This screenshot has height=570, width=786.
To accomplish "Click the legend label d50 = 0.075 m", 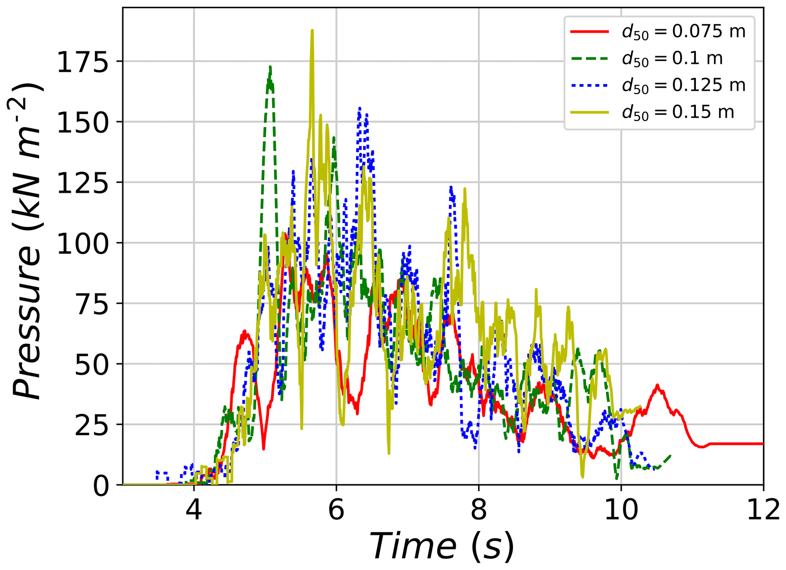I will [683, 32].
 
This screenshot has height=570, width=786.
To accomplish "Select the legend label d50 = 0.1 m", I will [672, 59].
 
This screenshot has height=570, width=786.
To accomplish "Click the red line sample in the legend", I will [589, 32].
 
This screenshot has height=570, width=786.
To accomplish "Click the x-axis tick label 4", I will [194, 510].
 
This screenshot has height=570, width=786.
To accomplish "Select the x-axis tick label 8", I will [479, 510].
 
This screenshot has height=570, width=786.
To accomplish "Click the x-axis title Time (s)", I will [441, 546].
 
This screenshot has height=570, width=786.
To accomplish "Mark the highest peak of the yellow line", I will [312, 30].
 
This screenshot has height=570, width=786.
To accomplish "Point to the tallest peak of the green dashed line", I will [270, 67].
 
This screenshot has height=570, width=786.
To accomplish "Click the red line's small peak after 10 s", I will [657, 385].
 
